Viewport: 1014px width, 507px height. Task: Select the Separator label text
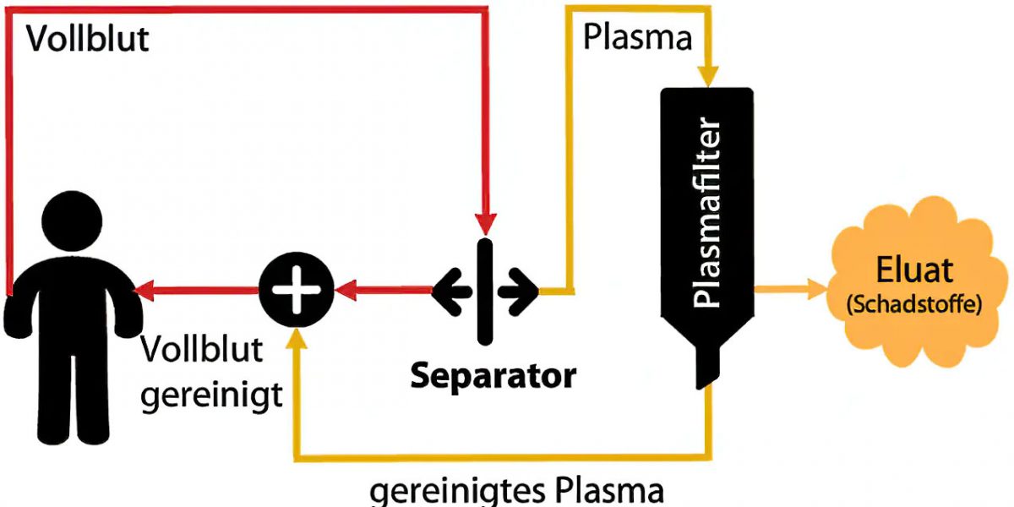pos(493,375)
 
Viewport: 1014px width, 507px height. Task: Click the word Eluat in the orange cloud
pos(913,270)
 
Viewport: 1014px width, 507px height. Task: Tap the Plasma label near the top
pos(638,38)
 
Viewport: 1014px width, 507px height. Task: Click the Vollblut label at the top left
pos(87,38)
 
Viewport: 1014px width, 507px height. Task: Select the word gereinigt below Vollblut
pos(211,395)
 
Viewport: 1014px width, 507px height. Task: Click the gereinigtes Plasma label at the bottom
pos(517,491)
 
